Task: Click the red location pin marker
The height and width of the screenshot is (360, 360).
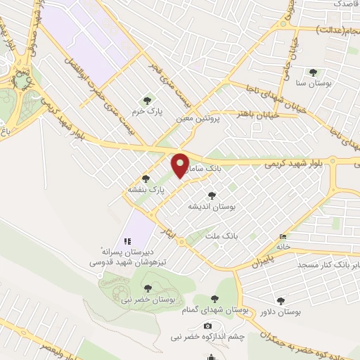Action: [181, 165]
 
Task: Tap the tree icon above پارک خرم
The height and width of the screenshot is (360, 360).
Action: [146, 100]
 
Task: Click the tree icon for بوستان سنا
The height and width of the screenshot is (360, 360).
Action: [313, 72]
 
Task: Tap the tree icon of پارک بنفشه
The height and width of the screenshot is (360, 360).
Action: [146, 179]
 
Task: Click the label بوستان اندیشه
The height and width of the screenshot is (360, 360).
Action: [212, 207]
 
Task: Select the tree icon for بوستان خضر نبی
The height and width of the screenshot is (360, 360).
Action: [148, 287]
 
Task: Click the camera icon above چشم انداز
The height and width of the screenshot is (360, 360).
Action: [207, 326]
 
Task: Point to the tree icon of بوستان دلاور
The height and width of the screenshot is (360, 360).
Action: [282, 300]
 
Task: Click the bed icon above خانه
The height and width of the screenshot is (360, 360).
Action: [283, 236]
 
